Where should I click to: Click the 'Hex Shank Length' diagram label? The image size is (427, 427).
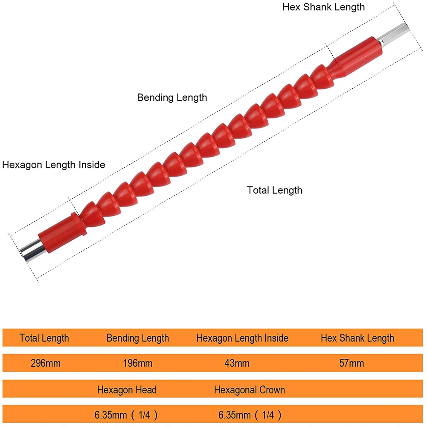(324, 7)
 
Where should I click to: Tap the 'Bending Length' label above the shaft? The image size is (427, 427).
(172, 98)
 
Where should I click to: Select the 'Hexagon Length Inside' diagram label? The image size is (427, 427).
(54, 165)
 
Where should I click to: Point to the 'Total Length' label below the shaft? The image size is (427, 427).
(274, 190)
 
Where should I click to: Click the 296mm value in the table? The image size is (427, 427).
(46, 363)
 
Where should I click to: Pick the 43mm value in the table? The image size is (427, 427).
(237, 363)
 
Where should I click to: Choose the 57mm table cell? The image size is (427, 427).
(352, 363)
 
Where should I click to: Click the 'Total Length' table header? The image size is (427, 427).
(44, 338)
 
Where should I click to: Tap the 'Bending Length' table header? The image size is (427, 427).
(138, 338)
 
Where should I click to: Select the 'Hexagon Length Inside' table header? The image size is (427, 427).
(242, 338)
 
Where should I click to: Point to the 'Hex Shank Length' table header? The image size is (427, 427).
(357, 338)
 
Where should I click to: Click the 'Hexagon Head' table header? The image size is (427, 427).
(127, 389)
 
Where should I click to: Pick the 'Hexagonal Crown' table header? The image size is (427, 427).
(250, 389)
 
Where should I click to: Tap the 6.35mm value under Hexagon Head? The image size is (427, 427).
(127, 414)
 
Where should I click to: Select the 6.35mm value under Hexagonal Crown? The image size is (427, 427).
(250, 414)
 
